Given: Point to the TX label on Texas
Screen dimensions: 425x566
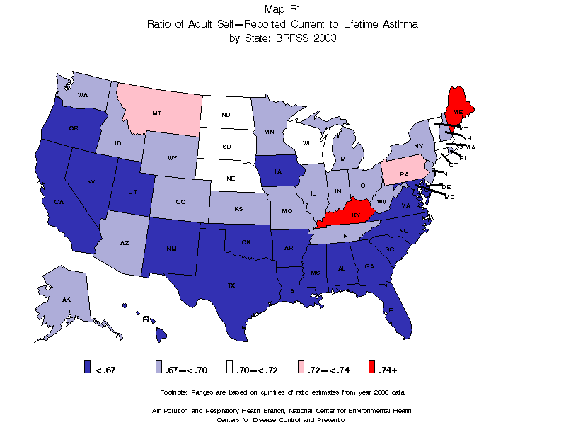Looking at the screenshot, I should coord(231,285).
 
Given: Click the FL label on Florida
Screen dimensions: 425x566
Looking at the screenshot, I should coord(391,310).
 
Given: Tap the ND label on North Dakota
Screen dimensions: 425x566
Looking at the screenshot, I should coord(226,115).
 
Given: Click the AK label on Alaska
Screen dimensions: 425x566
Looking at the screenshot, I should coord(66,300).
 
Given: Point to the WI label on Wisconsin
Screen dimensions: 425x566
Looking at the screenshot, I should coord(306,143).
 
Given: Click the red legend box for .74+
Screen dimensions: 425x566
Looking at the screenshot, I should coord(373,367).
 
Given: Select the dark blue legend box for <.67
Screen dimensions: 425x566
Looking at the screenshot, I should coord(87,367).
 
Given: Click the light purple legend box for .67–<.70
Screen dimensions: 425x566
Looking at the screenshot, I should coord(159,367).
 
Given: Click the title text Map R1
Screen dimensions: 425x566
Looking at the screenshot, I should coord(282,9).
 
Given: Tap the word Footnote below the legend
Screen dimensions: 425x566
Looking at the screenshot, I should coord(175,392).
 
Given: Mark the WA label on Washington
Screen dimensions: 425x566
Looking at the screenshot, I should coord(83,95).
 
